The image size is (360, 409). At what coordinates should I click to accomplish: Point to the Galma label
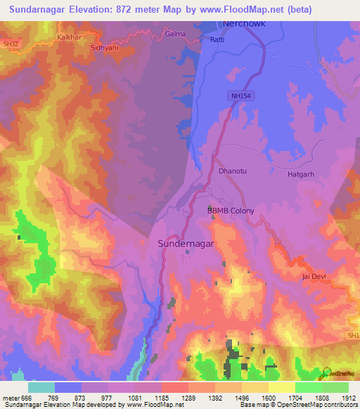coord(174,33)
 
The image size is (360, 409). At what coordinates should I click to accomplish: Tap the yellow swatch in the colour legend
coord(281,387)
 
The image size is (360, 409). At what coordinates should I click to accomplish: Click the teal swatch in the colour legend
coord(41,387)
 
